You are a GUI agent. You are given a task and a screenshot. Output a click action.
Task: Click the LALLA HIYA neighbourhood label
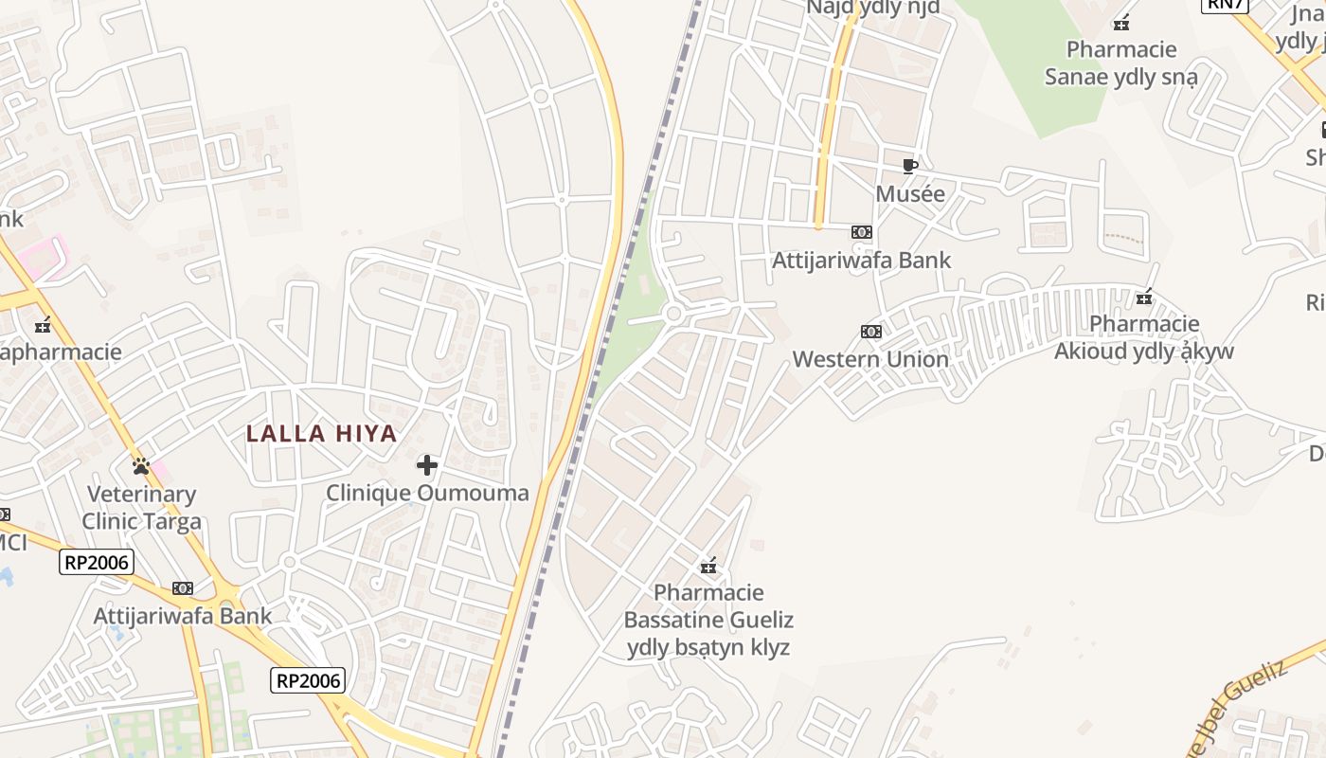[x=321, y=434]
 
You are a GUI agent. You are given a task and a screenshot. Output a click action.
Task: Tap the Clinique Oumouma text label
[x=427, y=493]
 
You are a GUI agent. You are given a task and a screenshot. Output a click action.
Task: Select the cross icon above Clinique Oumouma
[x=427, y=464]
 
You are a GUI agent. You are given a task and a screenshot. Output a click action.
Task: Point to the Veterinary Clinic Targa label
[x=141, y=508]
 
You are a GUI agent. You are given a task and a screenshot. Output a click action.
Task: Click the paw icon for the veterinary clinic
[x=141, y=465]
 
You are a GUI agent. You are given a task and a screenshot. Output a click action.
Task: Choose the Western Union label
[x=870, y=359]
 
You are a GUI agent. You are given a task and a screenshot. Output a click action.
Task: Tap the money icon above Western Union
[x=870, y=332]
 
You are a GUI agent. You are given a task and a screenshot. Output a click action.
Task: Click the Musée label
[x=910, y=194]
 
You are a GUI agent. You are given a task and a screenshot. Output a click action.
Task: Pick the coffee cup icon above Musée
[x=909, y=167]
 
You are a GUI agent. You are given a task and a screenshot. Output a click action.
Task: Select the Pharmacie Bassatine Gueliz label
[x=708, y=620]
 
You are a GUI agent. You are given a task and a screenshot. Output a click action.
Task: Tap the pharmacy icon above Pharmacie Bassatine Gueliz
[x=708, y=567]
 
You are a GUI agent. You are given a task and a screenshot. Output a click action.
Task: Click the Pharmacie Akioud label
[x=1144, y=337]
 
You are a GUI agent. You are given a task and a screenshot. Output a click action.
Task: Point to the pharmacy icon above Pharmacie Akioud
[x=1144, y=298]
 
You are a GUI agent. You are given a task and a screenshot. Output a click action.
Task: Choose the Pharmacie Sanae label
[x=1121, y=63]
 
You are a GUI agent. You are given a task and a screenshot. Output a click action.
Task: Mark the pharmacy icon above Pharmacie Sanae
[x=1121, y=22]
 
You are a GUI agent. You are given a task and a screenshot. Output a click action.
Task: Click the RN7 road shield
[x=1225, y=4]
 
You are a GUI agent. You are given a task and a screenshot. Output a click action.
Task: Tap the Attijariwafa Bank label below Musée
[x=861, y=260]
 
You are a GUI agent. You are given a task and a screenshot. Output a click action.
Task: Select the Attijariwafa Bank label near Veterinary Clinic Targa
[x=183, y=616]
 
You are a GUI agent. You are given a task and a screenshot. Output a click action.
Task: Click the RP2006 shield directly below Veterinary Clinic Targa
[x=97, y=562]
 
